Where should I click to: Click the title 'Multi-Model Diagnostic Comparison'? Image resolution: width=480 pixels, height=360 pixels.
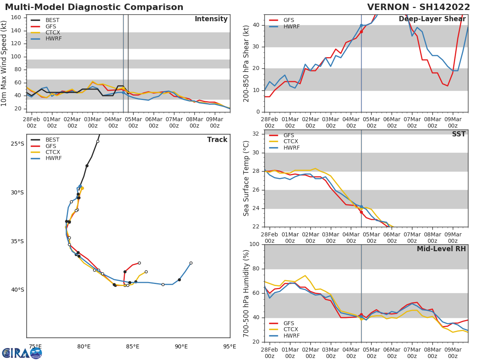(x=94, y=7)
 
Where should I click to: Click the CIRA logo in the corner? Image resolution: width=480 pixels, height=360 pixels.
(x=22, y=353)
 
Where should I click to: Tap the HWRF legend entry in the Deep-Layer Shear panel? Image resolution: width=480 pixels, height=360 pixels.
(x=291, y=26)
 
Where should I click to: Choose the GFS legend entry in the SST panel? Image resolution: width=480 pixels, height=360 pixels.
(x=288, y=136)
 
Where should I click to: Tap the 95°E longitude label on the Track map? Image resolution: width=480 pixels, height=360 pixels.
(x=230, y=346)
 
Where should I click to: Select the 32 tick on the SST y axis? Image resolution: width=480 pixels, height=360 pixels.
(x=256, y=134)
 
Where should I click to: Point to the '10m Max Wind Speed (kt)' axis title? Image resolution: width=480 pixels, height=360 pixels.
(x=4, y=63)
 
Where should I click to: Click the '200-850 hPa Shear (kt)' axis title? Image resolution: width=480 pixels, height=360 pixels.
(x=246, y=63)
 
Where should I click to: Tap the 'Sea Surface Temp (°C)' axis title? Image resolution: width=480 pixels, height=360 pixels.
(x=246, y=178)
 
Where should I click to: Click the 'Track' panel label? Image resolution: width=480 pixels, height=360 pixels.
(x=217, y=140)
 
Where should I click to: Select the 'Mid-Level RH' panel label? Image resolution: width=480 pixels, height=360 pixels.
(x=441, y=249)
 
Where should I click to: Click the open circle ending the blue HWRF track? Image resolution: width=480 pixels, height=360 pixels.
(x=191, y=263)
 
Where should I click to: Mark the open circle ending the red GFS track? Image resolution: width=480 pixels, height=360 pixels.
(x=139, y=263)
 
